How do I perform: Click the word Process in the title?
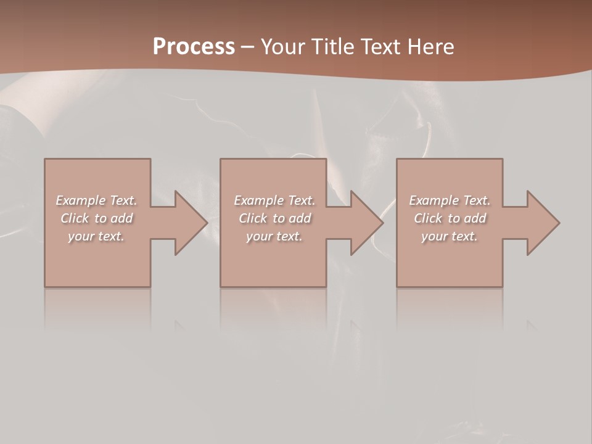pyautogui.click(x=194, y=47)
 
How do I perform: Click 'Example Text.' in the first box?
pyautogui.click(x=96, y=200)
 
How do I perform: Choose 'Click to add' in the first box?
pyautogui.click(x=96, y=218)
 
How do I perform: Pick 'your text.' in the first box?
pyautogui.click(x=96, y=236)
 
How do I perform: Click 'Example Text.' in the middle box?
pyautogui.click(x=274, y=200)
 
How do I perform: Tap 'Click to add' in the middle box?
pyautogui.click(x=274, y=218)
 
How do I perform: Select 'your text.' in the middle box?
pyautogui.click(x=274, y=236)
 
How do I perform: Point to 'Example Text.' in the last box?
pyautogui.click(x=450, y=200)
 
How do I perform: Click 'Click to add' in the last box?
pyautogui.click(x=450, y=218)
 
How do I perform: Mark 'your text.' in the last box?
pyautogui.click(x=450, y=236)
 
